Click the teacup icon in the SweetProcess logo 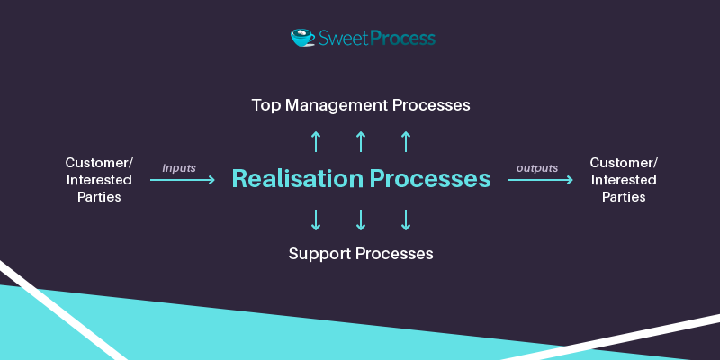coord(302,38)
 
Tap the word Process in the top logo coord(402,38)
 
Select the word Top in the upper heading coord(266,105)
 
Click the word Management coord(337,105)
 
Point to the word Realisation coord(298,178)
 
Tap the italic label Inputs coord(179,168)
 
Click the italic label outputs coord(537,168)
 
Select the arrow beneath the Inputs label coord(183,180)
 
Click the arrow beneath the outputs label coord(541,180)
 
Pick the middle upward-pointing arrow coord(361,142)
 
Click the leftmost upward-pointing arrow coord(316,142)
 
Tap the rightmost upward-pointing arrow coord(406,142)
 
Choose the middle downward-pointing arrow coord(361,220)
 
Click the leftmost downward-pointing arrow coord(316,220)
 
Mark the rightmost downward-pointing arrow coord(406,220)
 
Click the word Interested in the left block coord(99,180)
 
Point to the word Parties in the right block coord(624,197)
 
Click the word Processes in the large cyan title coord(430,178)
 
